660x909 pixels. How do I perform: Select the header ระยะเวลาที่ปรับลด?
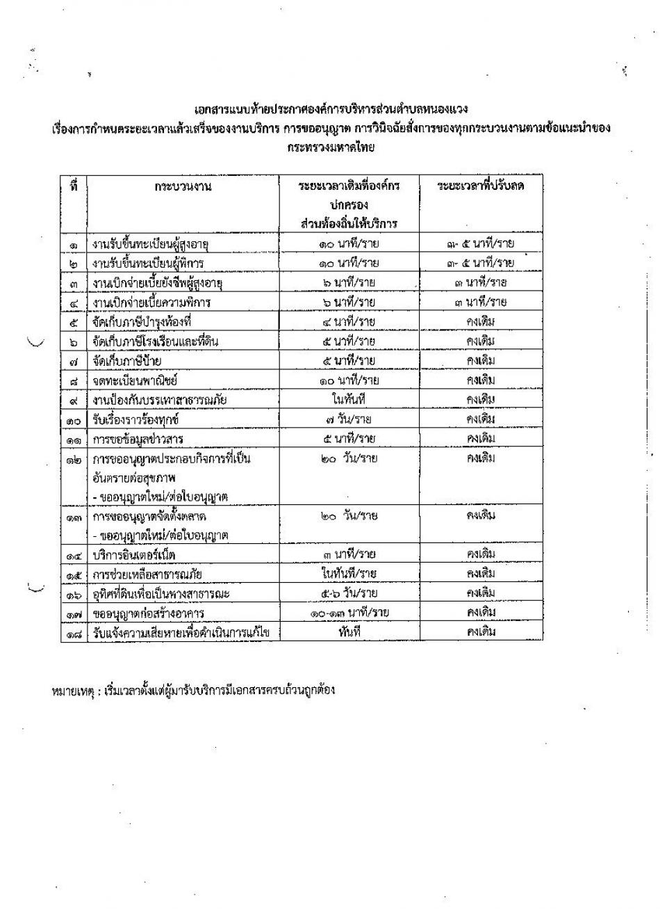click(x=480, y=186)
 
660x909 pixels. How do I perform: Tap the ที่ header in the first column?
click(x=74, y=186)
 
